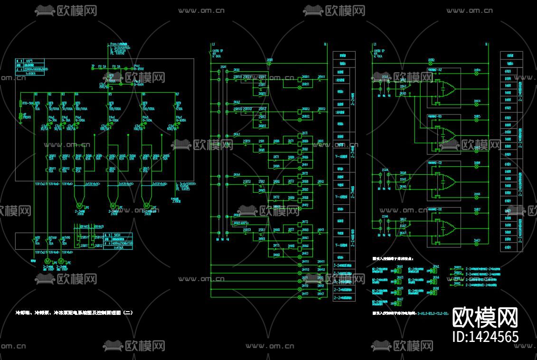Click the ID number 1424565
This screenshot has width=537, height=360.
coord(485,337)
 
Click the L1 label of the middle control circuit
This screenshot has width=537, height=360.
coord(214,44)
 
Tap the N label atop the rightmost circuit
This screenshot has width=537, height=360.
coord(487,44)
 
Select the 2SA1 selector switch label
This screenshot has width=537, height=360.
coord(223,67)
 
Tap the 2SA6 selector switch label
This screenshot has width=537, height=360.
coord(385,217)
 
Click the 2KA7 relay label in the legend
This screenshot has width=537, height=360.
coord(400,299)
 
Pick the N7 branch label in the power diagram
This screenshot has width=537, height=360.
coord(177,95)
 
